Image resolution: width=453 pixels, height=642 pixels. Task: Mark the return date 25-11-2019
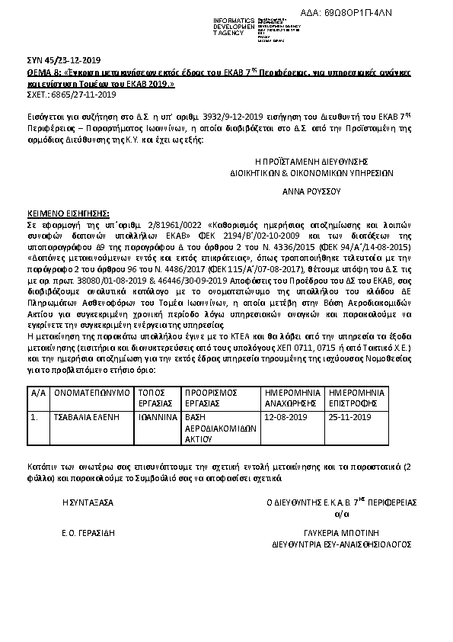coord(350,418)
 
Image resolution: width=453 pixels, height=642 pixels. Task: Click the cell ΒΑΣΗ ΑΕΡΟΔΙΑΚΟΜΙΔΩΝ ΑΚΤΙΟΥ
coord(222,428)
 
